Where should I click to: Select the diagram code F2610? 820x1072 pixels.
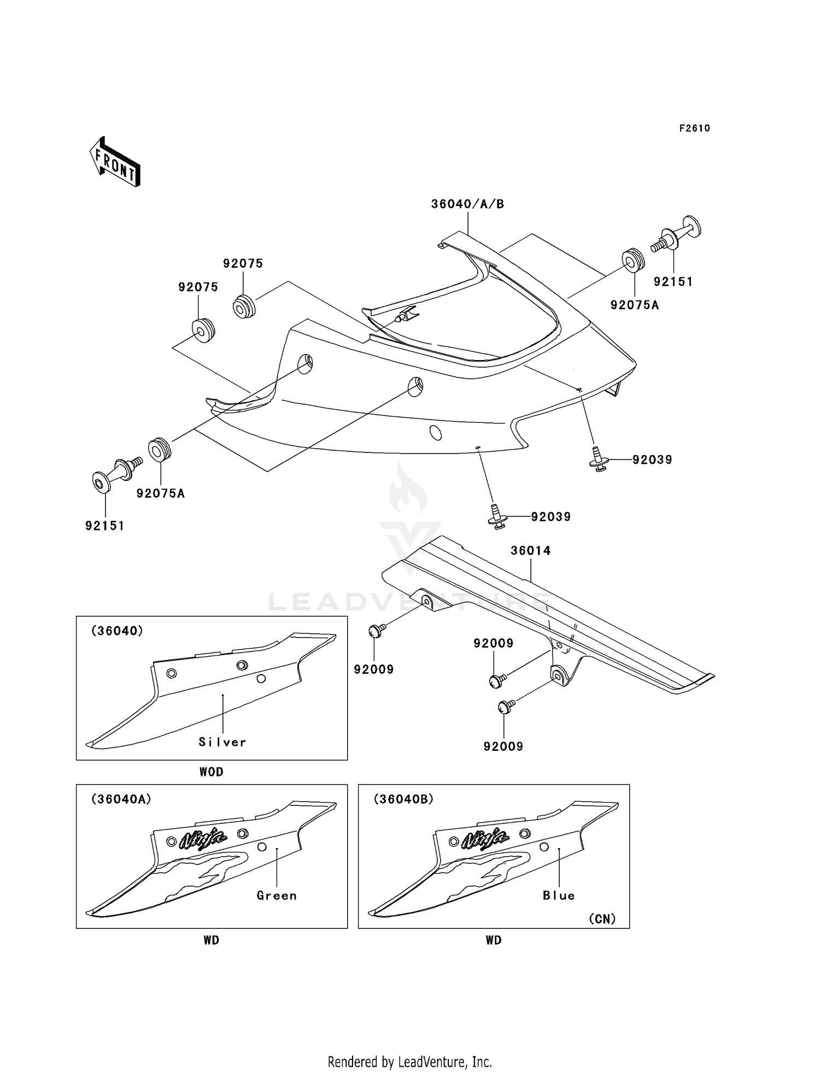(694, 128)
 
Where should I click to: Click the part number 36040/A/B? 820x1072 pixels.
(467, 204)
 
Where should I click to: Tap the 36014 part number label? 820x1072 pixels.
(530, 551)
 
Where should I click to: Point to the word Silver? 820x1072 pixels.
(222, 742)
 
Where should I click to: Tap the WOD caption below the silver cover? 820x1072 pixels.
(212, 772)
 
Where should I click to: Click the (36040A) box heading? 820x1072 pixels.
(121, 799)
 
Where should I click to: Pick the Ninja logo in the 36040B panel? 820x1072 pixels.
(485, 838)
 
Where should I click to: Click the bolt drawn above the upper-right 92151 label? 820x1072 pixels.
(676, 234)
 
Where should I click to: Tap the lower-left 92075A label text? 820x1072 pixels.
(161, 493)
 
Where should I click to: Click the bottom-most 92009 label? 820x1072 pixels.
(503, 746)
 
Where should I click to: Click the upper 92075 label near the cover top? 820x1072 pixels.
(243, 263)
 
